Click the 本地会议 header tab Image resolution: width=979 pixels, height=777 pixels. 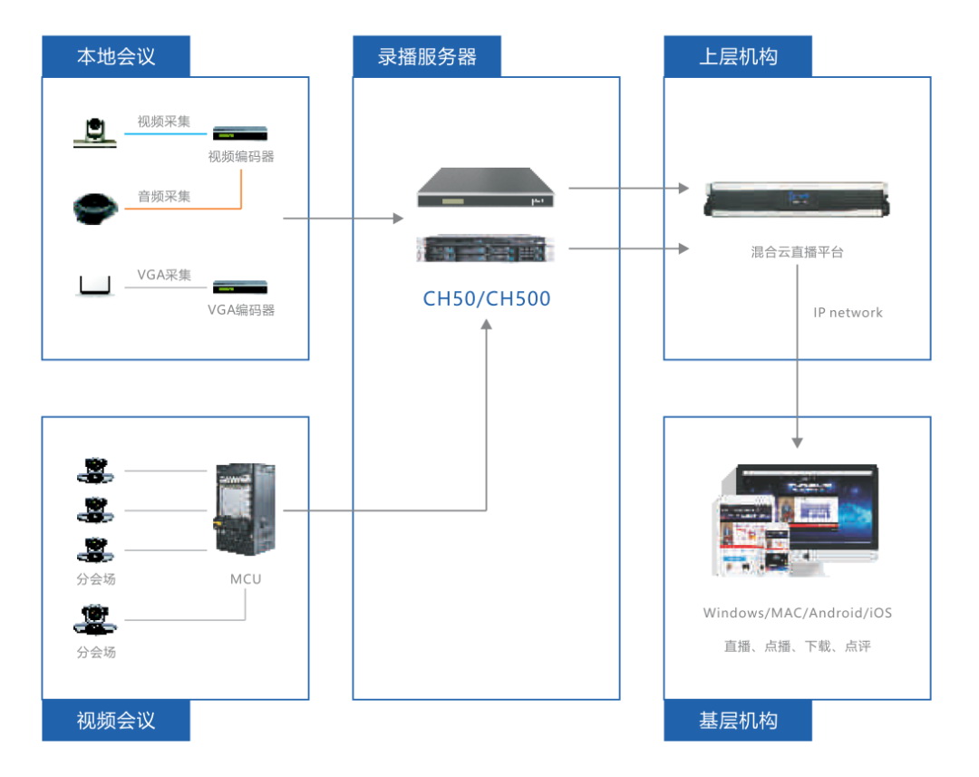pos(116,56)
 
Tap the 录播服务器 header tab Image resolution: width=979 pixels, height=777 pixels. pos(427,56)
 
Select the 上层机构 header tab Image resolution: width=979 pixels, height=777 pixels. pos(738,56)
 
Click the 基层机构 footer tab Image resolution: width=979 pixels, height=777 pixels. pos(738,721)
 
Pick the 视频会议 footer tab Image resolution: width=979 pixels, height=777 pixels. pos(116,721)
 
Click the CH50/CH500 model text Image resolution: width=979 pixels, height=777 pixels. pos(487,299)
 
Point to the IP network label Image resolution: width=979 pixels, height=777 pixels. pos(848,313)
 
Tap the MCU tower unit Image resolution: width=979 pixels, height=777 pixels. pos(244,510)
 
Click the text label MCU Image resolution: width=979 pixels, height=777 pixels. pos(245,578)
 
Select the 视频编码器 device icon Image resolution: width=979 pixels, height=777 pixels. pos(240,133)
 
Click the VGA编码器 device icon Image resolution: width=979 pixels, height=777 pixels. pos(240,287)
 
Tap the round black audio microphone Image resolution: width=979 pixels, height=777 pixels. pos(95,208)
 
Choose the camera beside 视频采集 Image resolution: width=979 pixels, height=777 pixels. pos(95,132)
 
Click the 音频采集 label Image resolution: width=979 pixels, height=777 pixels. pos(164,196)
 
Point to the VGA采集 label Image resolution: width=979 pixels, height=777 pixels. pos(164,275)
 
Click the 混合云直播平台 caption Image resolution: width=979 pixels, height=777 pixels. pos(797,252)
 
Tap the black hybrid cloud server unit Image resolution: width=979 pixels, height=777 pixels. pos(797,199)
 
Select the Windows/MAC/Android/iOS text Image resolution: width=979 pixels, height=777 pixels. pos(797,613)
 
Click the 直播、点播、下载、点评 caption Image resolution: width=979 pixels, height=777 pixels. pos(797,646)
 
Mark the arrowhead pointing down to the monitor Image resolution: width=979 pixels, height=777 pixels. pos(797,442)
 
